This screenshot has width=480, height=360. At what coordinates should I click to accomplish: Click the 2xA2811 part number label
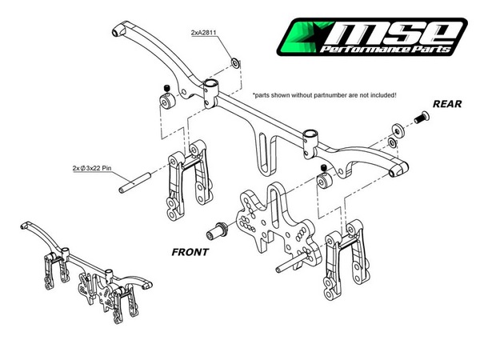[x=203, y=33]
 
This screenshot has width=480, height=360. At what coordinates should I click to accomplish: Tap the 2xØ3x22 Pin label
[x=92, y=168]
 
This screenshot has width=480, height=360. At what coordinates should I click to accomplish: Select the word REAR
[x=447, y=104]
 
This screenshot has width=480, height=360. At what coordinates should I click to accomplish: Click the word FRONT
[x=190, y=252]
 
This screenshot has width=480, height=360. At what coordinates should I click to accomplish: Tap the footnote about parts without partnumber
[x=324, y=95]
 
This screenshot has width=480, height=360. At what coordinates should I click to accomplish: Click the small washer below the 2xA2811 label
[x=235, y=63]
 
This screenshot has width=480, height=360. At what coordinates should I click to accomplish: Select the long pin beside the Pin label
[x=134, y=182]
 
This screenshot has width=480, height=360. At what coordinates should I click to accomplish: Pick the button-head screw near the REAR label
[x=422, y=118]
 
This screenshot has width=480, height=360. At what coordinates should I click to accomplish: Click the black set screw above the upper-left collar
[x=166, y=89]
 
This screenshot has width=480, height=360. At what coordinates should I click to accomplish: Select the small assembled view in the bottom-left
[x=86, y=273]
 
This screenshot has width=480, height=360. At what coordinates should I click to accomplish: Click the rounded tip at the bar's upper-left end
[x=119, y=31]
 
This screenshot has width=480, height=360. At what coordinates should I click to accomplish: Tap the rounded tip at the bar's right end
[x=398, y=170]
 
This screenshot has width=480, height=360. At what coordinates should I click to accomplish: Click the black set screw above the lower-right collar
[x=325, y=168]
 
